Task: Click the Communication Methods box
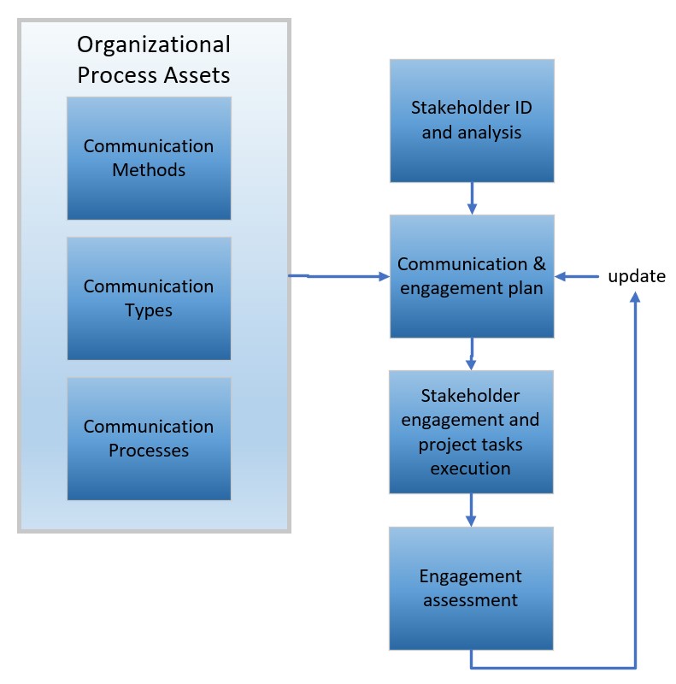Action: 149,158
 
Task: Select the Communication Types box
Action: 149,298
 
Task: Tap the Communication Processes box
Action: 149,439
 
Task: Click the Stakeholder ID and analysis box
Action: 472,121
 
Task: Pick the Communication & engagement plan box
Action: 472,276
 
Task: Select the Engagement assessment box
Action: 472,588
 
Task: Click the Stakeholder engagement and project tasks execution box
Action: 472,432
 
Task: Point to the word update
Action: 636,276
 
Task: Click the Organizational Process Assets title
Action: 154,60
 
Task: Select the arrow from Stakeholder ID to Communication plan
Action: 472,198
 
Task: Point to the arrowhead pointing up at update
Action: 636,298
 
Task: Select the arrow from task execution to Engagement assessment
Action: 472,510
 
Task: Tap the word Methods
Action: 149,170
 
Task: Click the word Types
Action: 149,310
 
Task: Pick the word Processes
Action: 149,451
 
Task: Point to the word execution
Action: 471,469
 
